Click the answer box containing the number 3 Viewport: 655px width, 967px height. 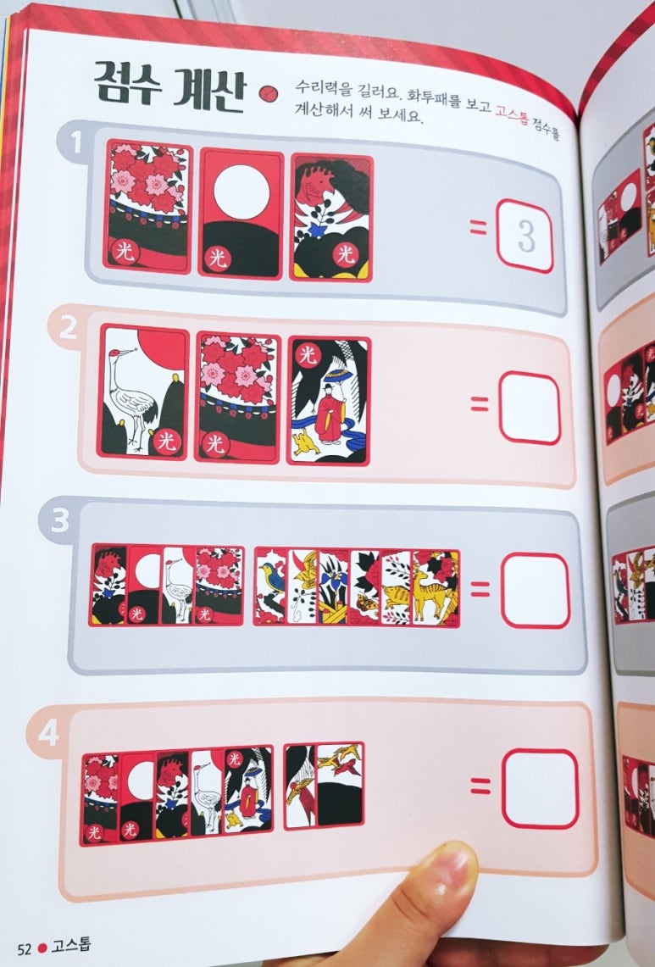coord(525,235)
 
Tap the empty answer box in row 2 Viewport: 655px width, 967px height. coord(530,407)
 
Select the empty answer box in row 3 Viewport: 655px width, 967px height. coord(535,590)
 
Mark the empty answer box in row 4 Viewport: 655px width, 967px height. coord(540,788)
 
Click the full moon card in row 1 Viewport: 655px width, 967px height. coord(241,213)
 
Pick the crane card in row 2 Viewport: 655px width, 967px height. coord(144,392)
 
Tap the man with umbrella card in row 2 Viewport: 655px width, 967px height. coord(329,401)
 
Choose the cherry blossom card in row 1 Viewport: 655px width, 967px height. coord(148,206)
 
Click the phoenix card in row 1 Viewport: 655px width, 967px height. coord(332,217)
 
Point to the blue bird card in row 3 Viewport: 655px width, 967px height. coord(271,586)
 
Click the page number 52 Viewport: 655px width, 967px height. coord(24,948)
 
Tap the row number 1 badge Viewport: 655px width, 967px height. coord(76,142)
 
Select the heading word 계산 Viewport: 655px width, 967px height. coord(209,90)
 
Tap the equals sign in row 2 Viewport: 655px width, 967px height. coord(480,404)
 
